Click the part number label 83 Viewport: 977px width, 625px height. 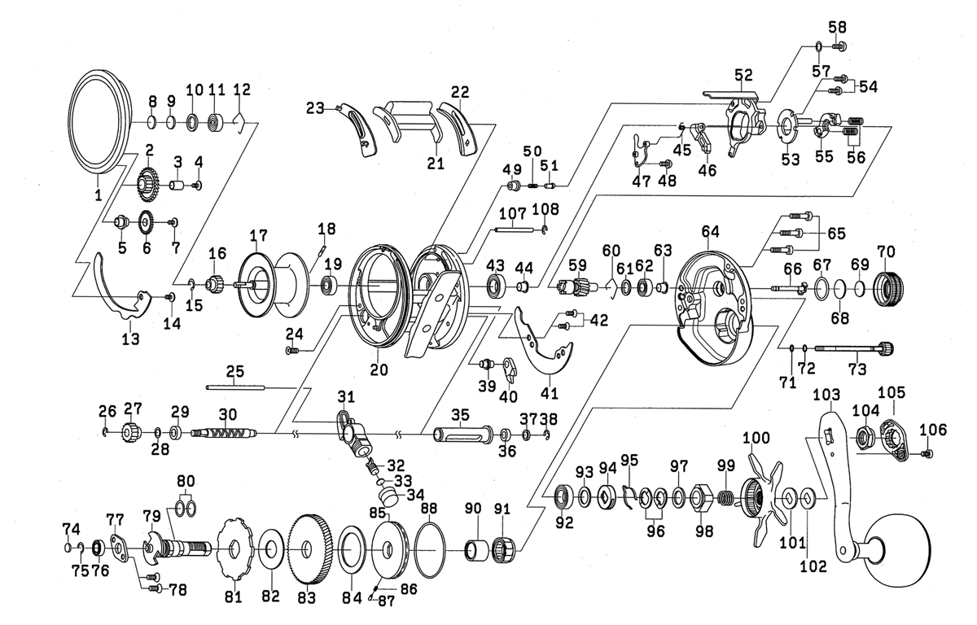click(305, 597)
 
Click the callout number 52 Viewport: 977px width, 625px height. click(742, 75)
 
